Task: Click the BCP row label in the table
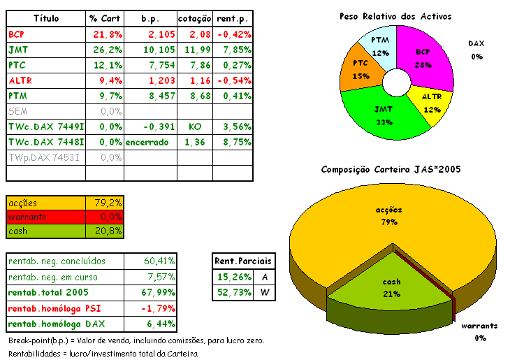click(17, 34)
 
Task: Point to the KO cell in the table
click(195, 127)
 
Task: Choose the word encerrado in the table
click(147, 142)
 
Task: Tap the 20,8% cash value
click(109, 231)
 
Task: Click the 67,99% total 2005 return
click(159, 291)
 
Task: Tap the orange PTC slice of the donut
click(359, 71)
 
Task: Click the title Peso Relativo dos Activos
click(395, 16)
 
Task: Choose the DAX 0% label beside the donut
click(476, 50)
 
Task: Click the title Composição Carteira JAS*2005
click(391, 170)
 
